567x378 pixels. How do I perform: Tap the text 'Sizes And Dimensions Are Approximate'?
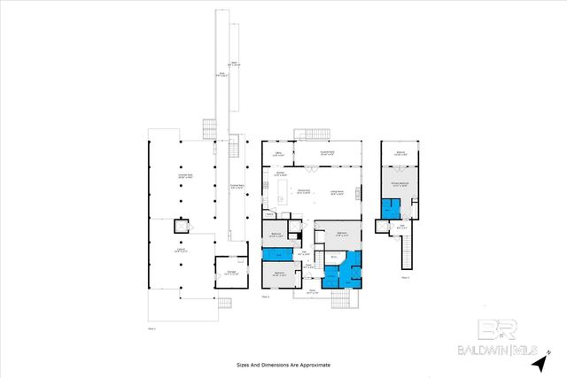(x=283, y=364)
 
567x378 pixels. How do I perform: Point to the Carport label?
(x=180, y=251)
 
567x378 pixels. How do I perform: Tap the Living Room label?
(x=338, y=193)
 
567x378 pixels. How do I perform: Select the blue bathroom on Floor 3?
(x=390, y=209)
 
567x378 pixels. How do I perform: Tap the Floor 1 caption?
(x=151, y=328)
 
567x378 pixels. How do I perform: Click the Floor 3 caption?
(x=405, y=277)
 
